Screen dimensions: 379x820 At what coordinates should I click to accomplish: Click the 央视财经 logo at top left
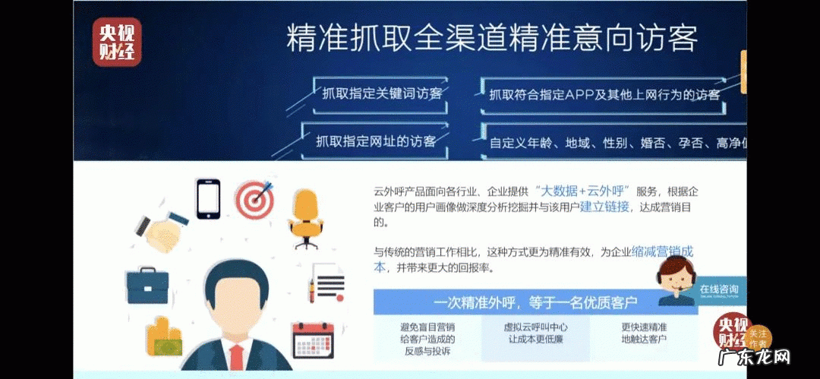(117, 42)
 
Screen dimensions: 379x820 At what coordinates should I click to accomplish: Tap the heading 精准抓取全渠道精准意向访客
(491, 38)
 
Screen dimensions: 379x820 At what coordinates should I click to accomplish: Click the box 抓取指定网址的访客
(377, 141)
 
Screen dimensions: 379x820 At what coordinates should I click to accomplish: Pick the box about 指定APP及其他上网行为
(604, 95)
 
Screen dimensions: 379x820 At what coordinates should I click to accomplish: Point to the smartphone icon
(208, 198)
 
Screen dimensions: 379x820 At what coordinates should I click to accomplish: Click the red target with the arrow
(253, 199)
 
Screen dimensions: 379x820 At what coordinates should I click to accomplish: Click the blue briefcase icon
(147, 285)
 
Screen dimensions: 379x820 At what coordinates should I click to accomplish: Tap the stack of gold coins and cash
(166, 337)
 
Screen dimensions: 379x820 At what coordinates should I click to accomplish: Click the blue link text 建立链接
(604, 207)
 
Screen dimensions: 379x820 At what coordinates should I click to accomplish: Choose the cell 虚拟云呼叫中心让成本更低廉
(537, 333)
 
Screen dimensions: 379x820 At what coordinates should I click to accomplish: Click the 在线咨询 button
(717, 289)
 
